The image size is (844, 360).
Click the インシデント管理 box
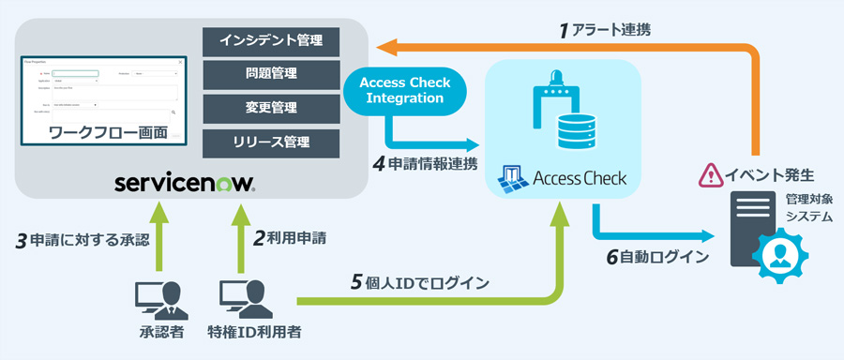[x=271, y=40]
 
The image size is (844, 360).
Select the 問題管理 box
[x=271, y=74]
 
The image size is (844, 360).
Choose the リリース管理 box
[x=271, y=142]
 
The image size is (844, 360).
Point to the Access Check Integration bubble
[x=405, y=90]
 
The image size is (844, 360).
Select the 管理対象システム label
[x=805, y=207]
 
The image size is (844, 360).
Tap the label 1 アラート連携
[x=605, y=31]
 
